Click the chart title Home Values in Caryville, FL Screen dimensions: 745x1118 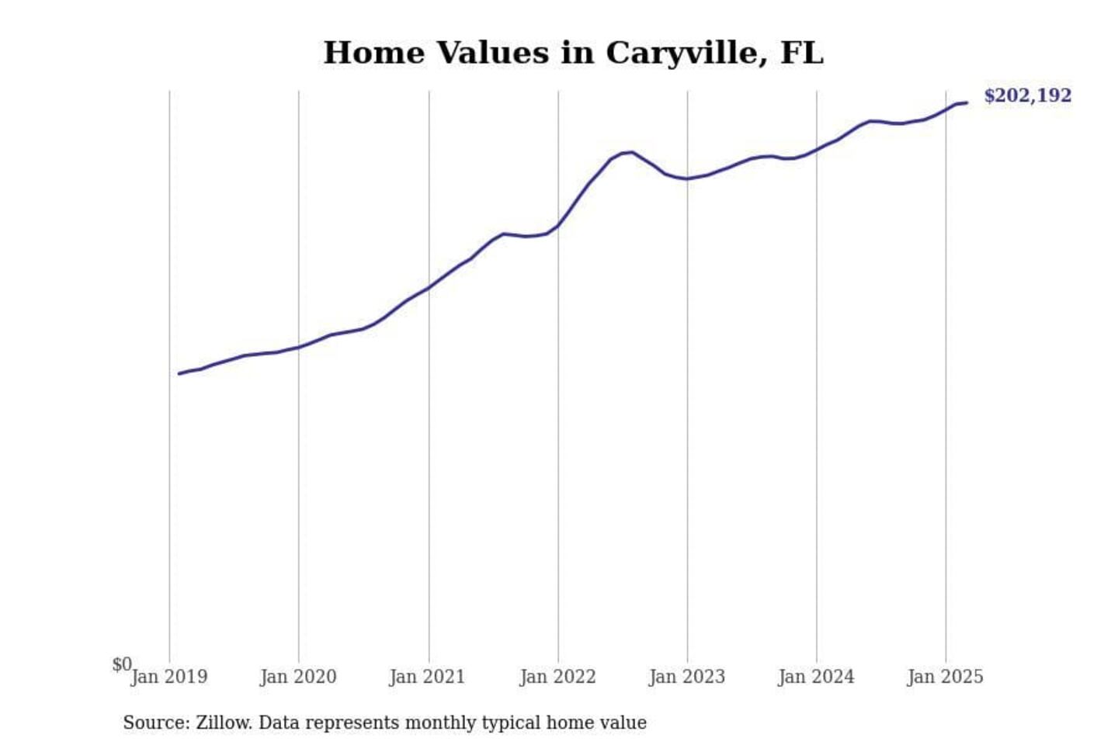point(573,53)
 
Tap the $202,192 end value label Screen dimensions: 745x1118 point(1027,95)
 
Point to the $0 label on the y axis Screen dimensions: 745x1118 point(121,664)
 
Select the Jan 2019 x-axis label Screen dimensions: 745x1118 point(169,677)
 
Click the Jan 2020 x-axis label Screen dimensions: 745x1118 point(298,677)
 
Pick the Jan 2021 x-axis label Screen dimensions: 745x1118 point(427,677)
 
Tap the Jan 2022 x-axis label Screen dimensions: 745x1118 point(557,677)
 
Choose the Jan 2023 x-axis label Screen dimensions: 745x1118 point(687,677)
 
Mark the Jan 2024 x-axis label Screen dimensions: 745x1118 point(816,677)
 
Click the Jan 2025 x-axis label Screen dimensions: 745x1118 point(945,677)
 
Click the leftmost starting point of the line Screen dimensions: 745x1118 point(179,373)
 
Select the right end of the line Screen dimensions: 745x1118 point(966,102)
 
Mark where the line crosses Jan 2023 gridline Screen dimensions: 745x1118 point(687,178)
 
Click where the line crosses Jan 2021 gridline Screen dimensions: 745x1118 point(429,287)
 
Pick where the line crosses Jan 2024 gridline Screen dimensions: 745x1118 point(816,149)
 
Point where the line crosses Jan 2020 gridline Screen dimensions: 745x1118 point(299,347)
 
